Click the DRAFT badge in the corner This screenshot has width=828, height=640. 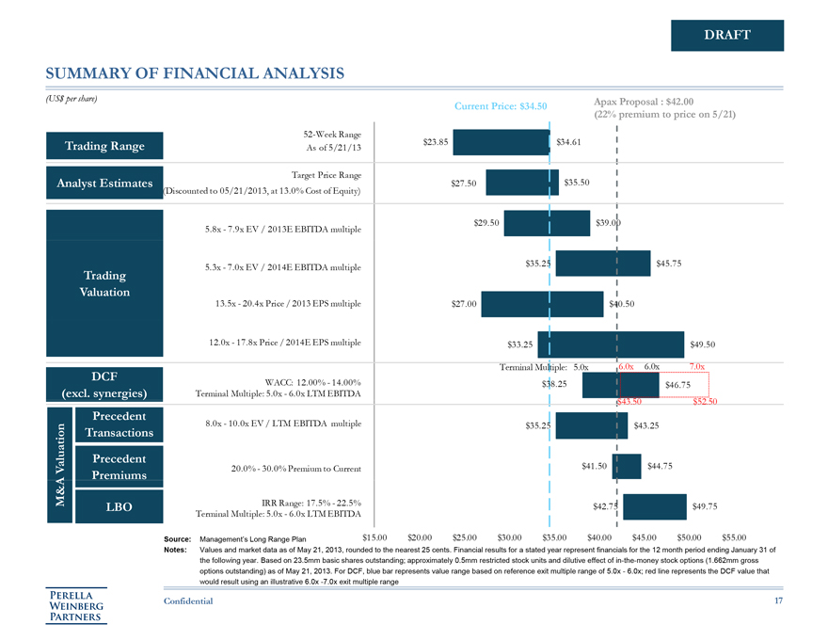click(726, 36)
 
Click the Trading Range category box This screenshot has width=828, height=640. click(104, 145)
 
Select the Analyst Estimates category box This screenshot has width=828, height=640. click(104, 184)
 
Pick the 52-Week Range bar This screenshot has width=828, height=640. click(502, 142)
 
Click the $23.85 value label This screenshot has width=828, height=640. click(436, 142)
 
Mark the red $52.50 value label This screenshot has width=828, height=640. click(705, 402)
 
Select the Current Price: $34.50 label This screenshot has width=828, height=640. click(501, 106)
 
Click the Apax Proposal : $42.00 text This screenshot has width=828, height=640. click(644, 101)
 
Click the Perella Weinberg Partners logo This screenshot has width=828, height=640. click(79, 604)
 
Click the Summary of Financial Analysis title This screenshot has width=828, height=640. click(195, 72)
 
